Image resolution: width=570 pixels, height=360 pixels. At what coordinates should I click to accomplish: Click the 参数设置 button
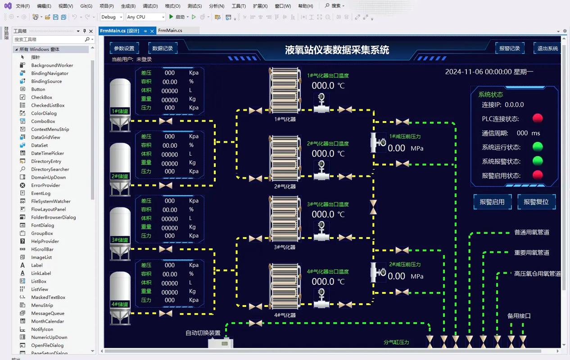click(x=124, y=48)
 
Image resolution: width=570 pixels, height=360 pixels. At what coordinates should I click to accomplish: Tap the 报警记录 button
click(x=509, y=48)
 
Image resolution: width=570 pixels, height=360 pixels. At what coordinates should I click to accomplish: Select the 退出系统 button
click(x=547, y=48)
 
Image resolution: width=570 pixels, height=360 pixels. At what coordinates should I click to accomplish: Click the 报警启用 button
click(x=492, y=202)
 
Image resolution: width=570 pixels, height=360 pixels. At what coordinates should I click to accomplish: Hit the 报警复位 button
click(x=536, y=202)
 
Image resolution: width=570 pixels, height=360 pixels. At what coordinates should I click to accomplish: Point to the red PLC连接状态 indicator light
click(x=538, y=118)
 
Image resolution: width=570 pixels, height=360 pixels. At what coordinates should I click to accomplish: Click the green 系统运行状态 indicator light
click(x=538, y=147)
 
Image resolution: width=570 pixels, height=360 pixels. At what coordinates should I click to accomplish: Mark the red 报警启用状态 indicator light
click(x=538, y=175)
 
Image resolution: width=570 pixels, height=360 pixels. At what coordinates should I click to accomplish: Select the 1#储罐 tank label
click(x=120, y=111)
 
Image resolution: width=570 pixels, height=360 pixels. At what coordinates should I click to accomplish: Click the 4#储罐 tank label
click(x=120, y=304)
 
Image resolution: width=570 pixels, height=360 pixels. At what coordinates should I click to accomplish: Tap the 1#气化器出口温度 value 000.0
click(x=323, y=85)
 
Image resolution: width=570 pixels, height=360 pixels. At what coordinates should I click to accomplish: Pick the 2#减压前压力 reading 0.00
click(x=396, y=276)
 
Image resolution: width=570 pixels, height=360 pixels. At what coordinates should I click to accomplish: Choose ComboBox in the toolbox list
click(x=43, y=121)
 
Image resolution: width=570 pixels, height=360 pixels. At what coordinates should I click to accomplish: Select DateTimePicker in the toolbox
click(x=48, y=153)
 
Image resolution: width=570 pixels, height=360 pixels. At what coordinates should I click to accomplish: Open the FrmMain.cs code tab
click(x=170, y=31)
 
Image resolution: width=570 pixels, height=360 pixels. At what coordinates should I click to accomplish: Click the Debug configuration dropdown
click(x=112, y=17)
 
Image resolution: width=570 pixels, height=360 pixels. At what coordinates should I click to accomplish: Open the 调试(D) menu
click(x=150, y=6)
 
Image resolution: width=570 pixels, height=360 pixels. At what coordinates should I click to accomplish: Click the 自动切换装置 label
click(x=203, y=333)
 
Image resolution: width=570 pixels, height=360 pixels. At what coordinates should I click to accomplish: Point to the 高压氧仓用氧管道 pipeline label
click(x=538, y=274)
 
